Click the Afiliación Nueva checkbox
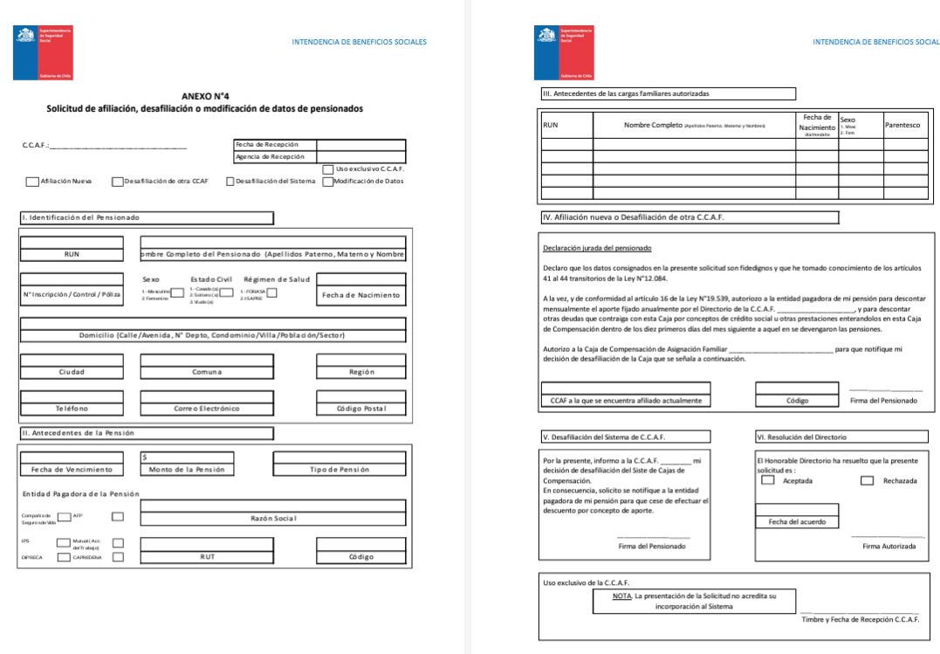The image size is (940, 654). point(32,182)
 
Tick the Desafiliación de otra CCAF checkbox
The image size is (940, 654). point(117,182)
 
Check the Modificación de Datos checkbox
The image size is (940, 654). point(327,182)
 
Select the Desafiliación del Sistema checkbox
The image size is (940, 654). point(230,182)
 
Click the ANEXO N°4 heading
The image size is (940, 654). point(204,97)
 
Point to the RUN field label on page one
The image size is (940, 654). point(72,254)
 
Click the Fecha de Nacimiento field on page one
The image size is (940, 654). point(360,295)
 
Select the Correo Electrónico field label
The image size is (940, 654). point(206,409)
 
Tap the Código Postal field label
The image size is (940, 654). point(360,409)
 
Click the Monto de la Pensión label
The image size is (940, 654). point(187,470)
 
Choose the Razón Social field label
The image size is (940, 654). point(273,519)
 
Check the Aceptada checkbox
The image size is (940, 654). point(768,480)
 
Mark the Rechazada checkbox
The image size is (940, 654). point(867,480)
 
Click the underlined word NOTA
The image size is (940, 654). point(622,596)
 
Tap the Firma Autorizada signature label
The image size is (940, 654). point(889,547)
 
